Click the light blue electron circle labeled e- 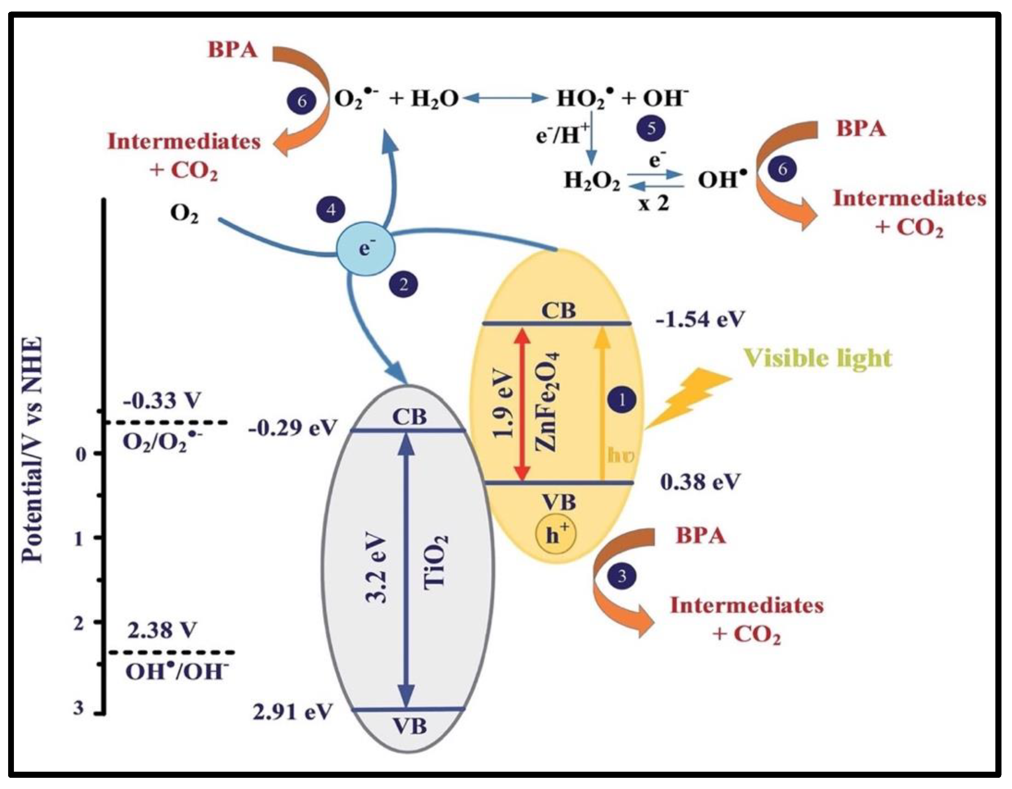coord(365,248)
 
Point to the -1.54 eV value coord(700,320)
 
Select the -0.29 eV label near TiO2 coord(291,428)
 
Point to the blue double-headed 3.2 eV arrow coord(407,570)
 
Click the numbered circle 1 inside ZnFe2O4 coord(622,399)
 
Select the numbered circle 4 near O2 coord(331,210)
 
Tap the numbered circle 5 coord(651,128)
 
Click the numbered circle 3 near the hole coord(622,576)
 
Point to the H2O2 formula coord(592,181)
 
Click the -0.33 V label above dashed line coord(162,401)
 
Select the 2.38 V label coord(162,630)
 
